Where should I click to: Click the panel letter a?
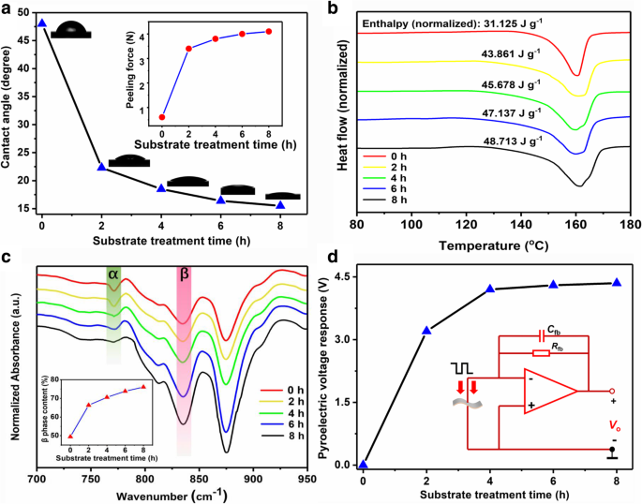click(x=7, y=9)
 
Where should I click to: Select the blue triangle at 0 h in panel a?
click(x=41, y=22)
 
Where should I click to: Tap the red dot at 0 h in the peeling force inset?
click(x=162, y=117)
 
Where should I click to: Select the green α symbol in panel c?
click(x=113, y=273)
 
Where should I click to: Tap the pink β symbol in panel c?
click(x=184, y=274)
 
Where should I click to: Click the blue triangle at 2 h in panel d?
click(x=427, y=330)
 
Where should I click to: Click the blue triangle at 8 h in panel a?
click(x=280, y=204)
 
